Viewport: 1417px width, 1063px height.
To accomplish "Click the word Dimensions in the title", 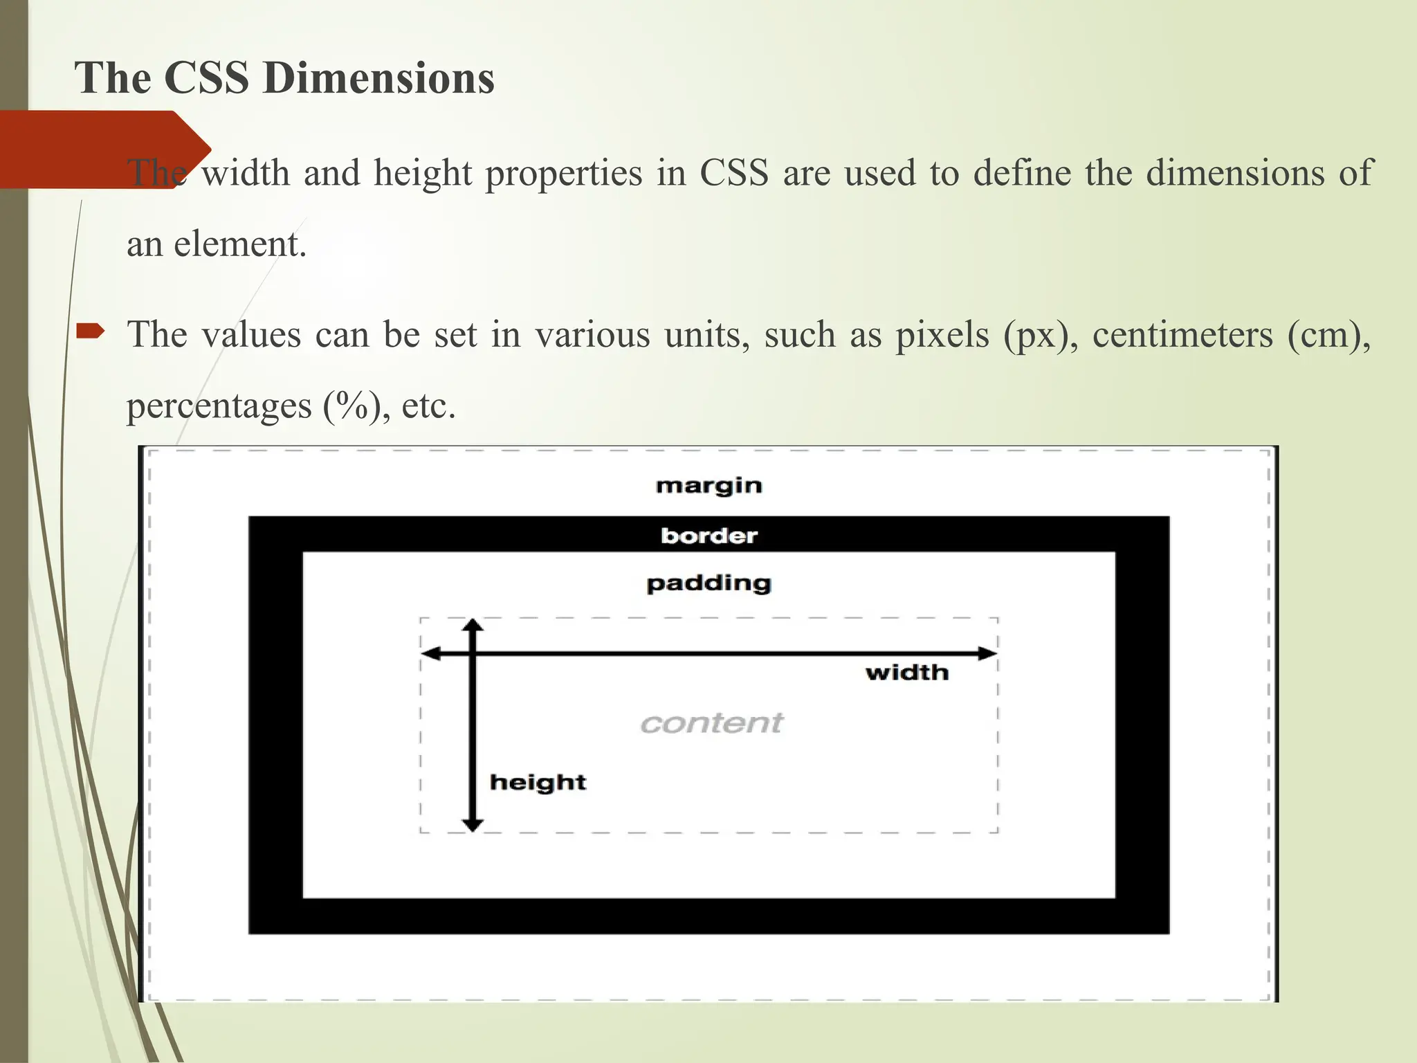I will [x=378, y=77].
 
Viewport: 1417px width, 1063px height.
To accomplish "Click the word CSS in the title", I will [x=206, y=77].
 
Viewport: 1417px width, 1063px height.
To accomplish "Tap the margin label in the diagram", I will [x=708, y=486].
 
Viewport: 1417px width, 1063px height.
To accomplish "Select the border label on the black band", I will [x=708, y=536].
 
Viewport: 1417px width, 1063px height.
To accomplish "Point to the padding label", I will [x=708, y=584].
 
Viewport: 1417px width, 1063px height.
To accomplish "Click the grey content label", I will [x=711, y=723].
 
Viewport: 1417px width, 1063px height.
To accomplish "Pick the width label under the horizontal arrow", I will [x=906, y=673].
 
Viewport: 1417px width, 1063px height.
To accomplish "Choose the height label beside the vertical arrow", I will [x=538, y=783].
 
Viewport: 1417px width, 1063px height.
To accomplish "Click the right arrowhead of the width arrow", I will [x=988, y=653].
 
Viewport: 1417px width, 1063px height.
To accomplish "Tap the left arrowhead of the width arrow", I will [x=431, y=653].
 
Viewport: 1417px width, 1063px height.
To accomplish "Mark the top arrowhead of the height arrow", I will [x=473, y=626].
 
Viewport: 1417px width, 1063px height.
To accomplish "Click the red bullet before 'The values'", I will [x=90, y=332].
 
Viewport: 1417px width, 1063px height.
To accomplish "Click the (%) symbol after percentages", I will [x=352, y=406].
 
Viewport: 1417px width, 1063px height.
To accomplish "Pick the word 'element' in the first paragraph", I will [x=239, y=244].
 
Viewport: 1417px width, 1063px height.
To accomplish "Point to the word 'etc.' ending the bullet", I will [x=428, y=406].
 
